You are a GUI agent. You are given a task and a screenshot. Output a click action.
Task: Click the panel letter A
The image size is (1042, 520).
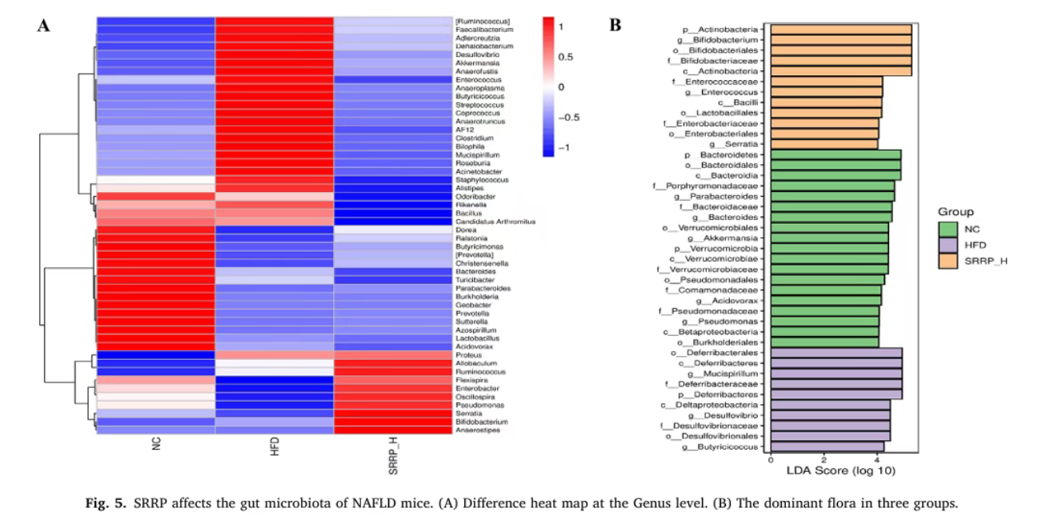coord(44,26)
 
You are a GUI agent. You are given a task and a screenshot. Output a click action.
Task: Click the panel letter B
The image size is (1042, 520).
coord(615,26)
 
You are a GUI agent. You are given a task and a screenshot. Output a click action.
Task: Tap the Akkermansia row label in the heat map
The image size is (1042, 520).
coord(477,62)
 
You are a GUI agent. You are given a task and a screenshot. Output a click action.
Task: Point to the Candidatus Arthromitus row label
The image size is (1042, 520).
coord(495,222)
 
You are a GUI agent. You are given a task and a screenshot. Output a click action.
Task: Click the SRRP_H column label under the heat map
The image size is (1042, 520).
coord(393,458)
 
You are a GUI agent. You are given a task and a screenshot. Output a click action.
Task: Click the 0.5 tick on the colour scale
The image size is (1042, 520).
coord(565,57)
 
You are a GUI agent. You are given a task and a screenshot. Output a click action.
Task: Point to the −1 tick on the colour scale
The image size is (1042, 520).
coord(565,148)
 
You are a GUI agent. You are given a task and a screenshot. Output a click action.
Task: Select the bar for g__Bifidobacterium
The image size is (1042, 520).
coord(840,39)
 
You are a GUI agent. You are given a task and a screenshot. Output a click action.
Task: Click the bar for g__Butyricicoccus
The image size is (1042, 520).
coord(827,446)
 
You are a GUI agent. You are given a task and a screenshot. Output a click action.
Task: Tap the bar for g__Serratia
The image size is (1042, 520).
coord(824,144)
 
